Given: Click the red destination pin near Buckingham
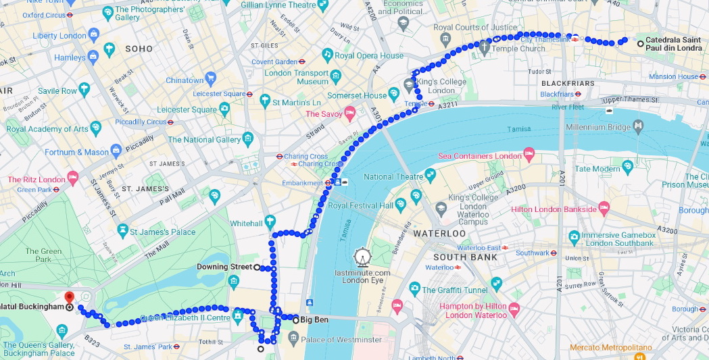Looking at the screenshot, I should pyautogui.click(x=68, y=298).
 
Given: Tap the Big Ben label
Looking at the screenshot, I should pyautogui.click(x=314, y=319).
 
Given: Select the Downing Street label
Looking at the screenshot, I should pyautogui.click(x=224, y=267).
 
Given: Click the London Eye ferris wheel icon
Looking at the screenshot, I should pyautogui.click(x=363, y=257).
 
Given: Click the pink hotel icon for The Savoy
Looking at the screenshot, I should pyautogui.click(x=350, y=112).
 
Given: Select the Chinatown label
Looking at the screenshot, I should pyautogui.click(x=185, y=80).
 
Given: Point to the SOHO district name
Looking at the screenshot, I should pyautogui.click(x=139, y=49).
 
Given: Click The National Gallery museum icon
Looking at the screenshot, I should pyautogui.click(x=249, y=139).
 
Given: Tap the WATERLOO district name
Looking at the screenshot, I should pyautogui.click(x=439, y=233).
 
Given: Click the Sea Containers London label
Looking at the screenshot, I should pyautogui.click(x=480, y=156).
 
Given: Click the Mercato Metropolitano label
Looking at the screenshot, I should pyautogui.click(x=610, y=348).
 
